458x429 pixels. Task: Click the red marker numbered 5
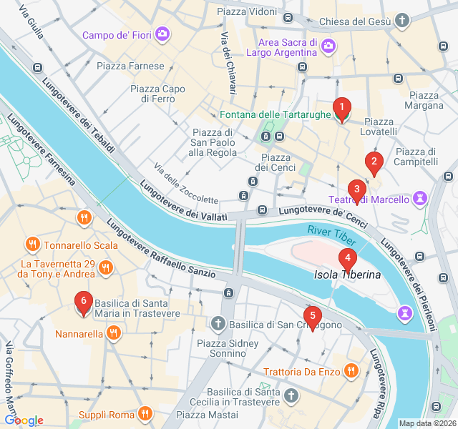click(311, 315)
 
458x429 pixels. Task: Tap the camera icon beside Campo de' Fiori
click(162, 34)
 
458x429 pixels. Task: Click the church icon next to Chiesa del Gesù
click(403, 21)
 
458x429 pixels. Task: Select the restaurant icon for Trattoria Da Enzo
click(351, 371)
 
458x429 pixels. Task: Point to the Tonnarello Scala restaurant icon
click(32, 245)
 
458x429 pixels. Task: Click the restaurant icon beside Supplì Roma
click(145, 414)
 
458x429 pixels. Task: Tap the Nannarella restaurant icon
click(113, 333)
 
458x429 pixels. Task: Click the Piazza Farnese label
click(130, 66)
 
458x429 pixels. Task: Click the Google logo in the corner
click(24, 420)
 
